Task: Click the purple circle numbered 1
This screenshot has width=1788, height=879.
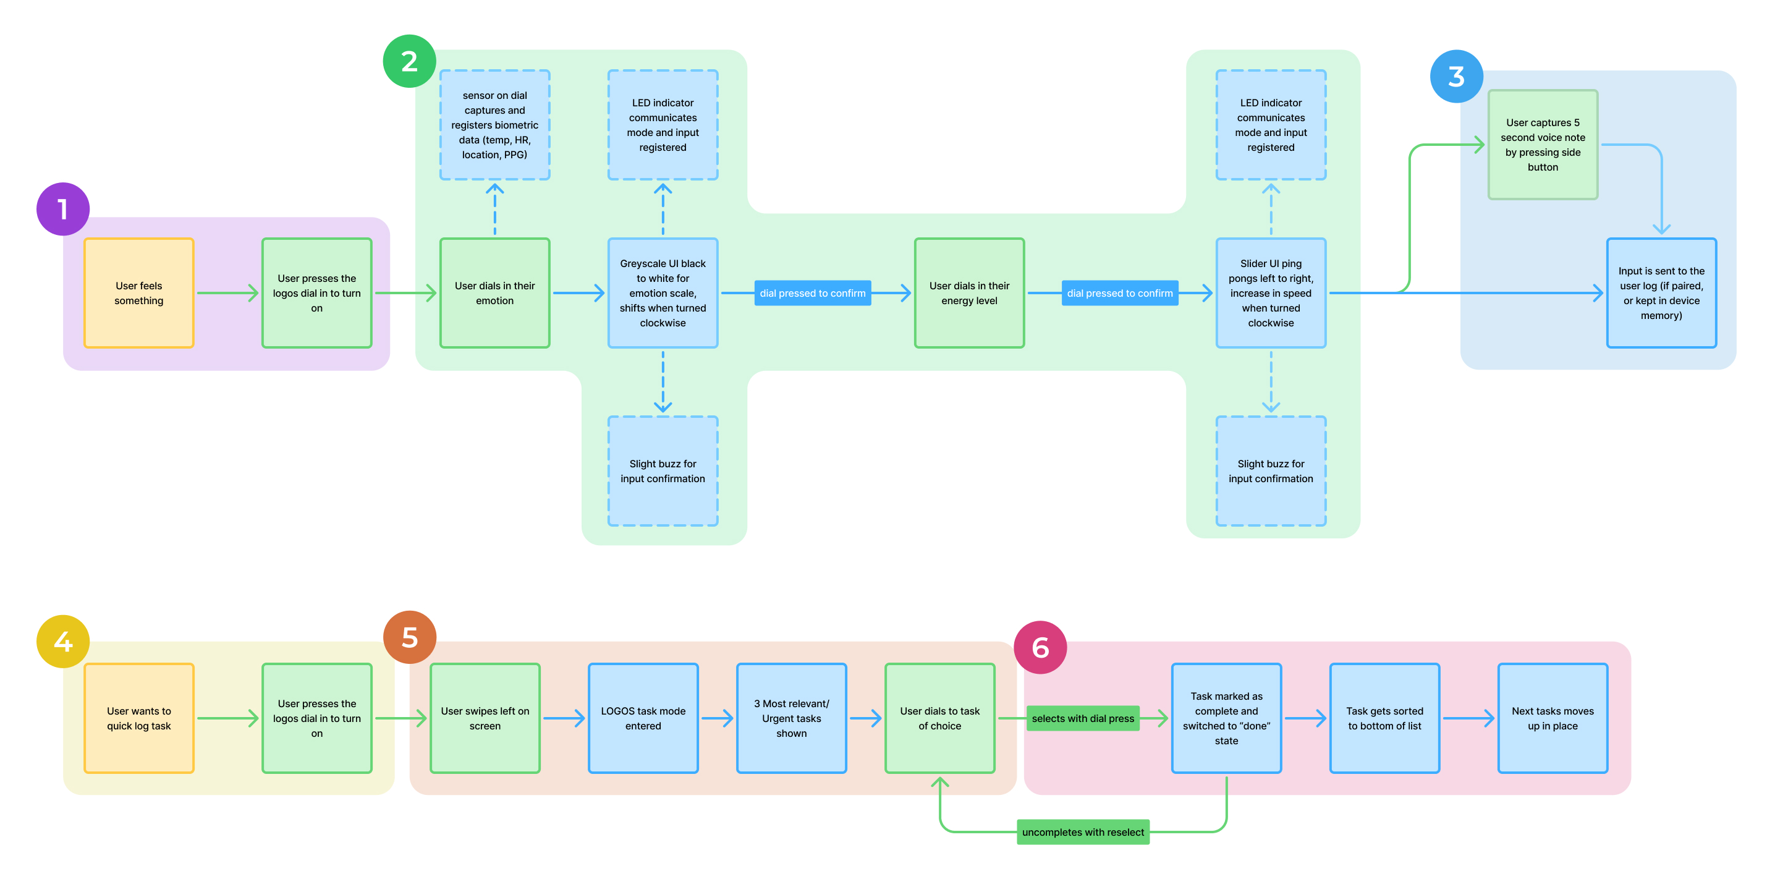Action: pyautogui.click(x=62, y=209)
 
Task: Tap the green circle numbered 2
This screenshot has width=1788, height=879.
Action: pyautogui.click(x=410, y=61)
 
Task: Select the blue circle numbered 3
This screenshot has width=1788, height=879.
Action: pyautogui.click(x=1456, y=77)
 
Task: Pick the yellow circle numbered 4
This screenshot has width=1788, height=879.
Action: pyautogui.click(x=62, y=641)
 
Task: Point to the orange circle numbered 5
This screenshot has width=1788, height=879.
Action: pyautogui.click(x=410, y=637)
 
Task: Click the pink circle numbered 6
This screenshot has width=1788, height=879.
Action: pyautogui.click(x=1040, y=647)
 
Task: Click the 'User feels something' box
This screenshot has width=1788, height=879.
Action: pyautogui.click(x=139, y=293)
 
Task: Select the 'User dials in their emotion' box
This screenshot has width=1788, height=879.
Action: pyautogui.click(x=495, y=293)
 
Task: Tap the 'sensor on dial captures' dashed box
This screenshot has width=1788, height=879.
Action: pyautogui.click(x=495, y=125)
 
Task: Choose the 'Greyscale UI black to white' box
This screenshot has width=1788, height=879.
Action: pyautogui.click(x=663, y=293)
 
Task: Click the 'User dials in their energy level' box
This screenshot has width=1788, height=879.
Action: pyautogui.click(x=970, y=293)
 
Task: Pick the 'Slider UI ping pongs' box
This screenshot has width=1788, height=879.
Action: pyautogui.click(x=1271, y=293)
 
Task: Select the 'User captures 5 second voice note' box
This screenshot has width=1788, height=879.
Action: pyautogui.click(x=1543, y=145)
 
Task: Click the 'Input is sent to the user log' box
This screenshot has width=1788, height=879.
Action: pyautogui.click(x=1662, y=293)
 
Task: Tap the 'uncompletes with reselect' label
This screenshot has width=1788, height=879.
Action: pyautogui.click(x=1083, y=832)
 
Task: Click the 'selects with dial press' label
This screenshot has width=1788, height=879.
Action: pyautogui.click(x=1083, y=719)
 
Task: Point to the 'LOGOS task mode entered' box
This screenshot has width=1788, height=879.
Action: pyautogui.click(x=643, y=719)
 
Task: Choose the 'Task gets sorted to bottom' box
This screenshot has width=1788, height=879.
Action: pyautogui.click(x=1385, y=719)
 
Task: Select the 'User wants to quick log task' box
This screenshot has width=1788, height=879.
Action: pyautogui.click(x=139, y=719)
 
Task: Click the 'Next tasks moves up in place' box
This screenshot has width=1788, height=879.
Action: pyautogui.click(x=1553, y=719)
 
